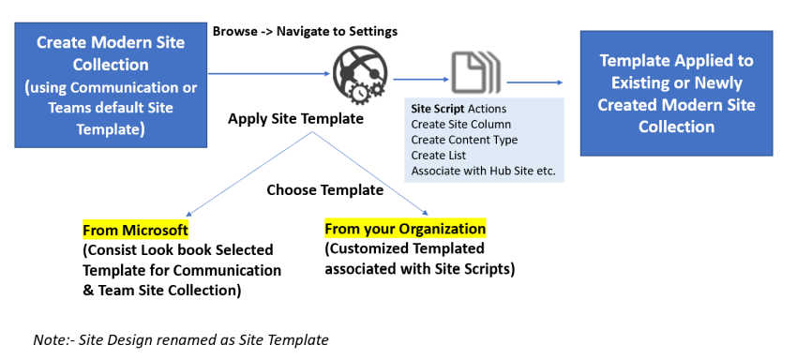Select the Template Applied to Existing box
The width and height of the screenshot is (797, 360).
coord(676,93)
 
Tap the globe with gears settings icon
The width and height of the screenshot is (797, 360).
coord(353,72)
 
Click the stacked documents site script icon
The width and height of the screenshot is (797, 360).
coord(474,72)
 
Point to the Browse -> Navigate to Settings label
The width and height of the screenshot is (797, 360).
coord(305,31)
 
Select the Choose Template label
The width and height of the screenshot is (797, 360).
coord(324,189)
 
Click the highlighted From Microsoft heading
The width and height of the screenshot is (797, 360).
coord(135,230)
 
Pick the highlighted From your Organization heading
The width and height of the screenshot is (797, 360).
coord(405,229)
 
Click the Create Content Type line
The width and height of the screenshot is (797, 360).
coord(464,140)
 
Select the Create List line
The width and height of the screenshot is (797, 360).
coord(439,156)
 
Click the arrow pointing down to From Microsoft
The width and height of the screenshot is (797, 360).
coord(248,174)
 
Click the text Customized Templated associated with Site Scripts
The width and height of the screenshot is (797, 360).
coord(418,260)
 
